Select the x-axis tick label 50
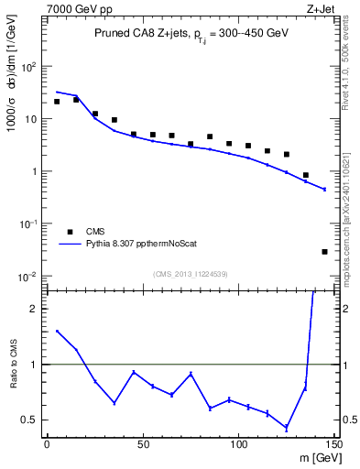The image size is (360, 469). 142,444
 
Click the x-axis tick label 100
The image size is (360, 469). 238,444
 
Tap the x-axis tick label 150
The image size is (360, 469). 333,444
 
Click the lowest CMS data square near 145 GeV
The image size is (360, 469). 325,252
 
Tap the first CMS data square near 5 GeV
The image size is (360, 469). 57,102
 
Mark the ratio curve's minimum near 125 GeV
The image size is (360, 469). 287,428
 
